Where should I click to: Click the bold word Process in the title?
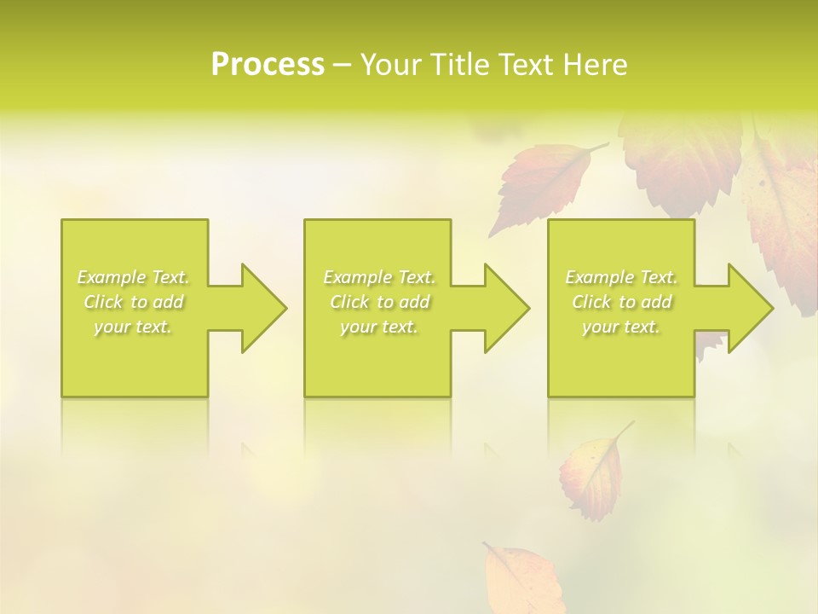coord(268,65)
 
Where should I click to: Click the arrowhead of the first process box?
coord(256,308)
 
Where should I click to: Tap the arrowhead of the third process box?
coord(742,308)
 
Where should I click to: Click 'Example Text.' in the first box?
coord(134,277)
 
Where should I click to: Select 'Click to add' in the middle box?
coord(379,302)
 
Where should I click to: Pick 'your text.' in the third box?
coord(621,327)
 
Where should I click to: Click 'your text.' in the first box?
coord(134,327)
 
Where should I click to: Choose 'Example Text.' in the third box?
coord(621,277)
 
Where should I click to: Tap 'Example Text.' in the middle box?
coord(379,277)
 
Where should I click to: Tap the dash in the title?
coord(343,66)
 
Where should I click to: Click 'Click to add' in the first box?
coord(134,302)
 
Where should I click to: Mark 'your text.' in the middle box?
coord(379,327)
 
